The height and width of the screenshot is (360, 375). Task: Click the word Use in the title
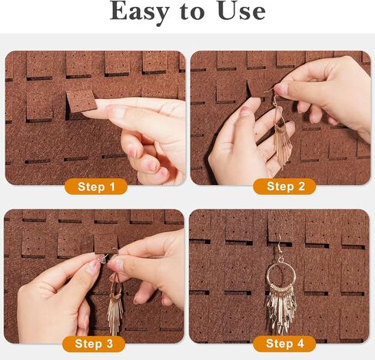(241, 12)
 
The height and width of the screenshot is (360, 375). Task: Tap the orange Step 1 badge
(96, 187)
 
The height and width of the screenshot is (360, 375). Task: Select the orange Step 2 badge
(285, 187)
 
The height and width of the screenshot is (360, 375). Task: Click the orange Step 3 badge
(94, 344)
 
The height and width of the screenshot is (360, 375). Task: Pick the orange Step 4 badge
(284, 344)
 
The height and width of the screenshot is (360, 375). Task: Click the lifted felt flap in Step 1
(81, 101)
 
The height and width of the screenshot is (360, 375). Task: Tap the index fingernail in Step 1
(114, 112)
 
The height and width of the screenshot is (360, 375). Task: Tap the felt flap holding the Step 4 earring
(280, 226)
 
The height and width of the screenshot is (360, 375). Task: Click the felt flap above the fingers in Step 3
(106, 243)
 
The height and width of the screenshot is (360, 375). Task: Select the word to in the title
(192, 12)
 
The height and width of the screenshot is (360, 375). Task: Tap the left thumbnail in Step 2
(245, 111)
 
